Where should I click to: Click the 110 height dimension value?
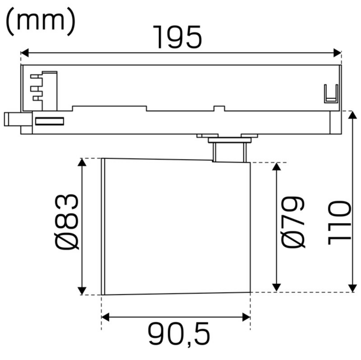(x=339, y=222)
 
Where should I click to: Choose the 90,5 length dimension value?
(x=179, y=334)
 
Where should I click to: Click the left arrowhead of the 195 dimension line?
(x=25, y=53)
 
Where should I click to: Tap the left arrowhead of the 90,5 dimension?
(x=105, y=317)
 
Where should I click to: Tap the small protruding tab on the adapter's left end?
(x=12, y=118)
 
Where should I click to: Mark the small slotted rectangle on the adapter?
(x=50, y=122)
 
